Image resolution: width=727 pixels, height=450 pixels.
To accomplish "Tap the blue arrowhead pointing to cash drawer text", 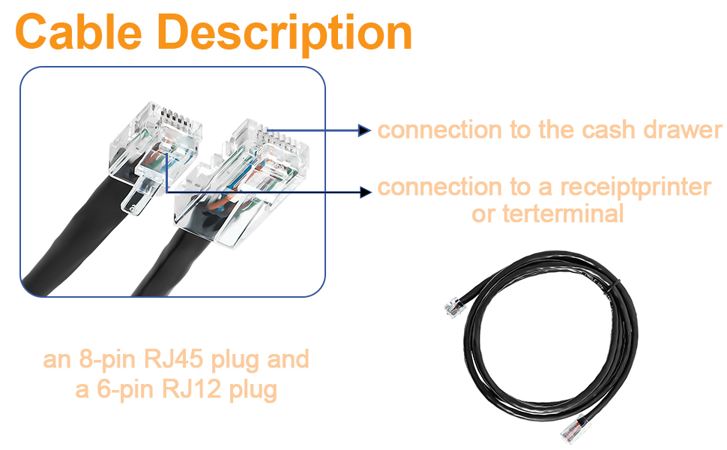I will (365, 130).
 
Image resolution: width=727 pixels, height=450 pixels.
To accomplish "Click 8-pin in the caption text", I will (105, 359).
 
